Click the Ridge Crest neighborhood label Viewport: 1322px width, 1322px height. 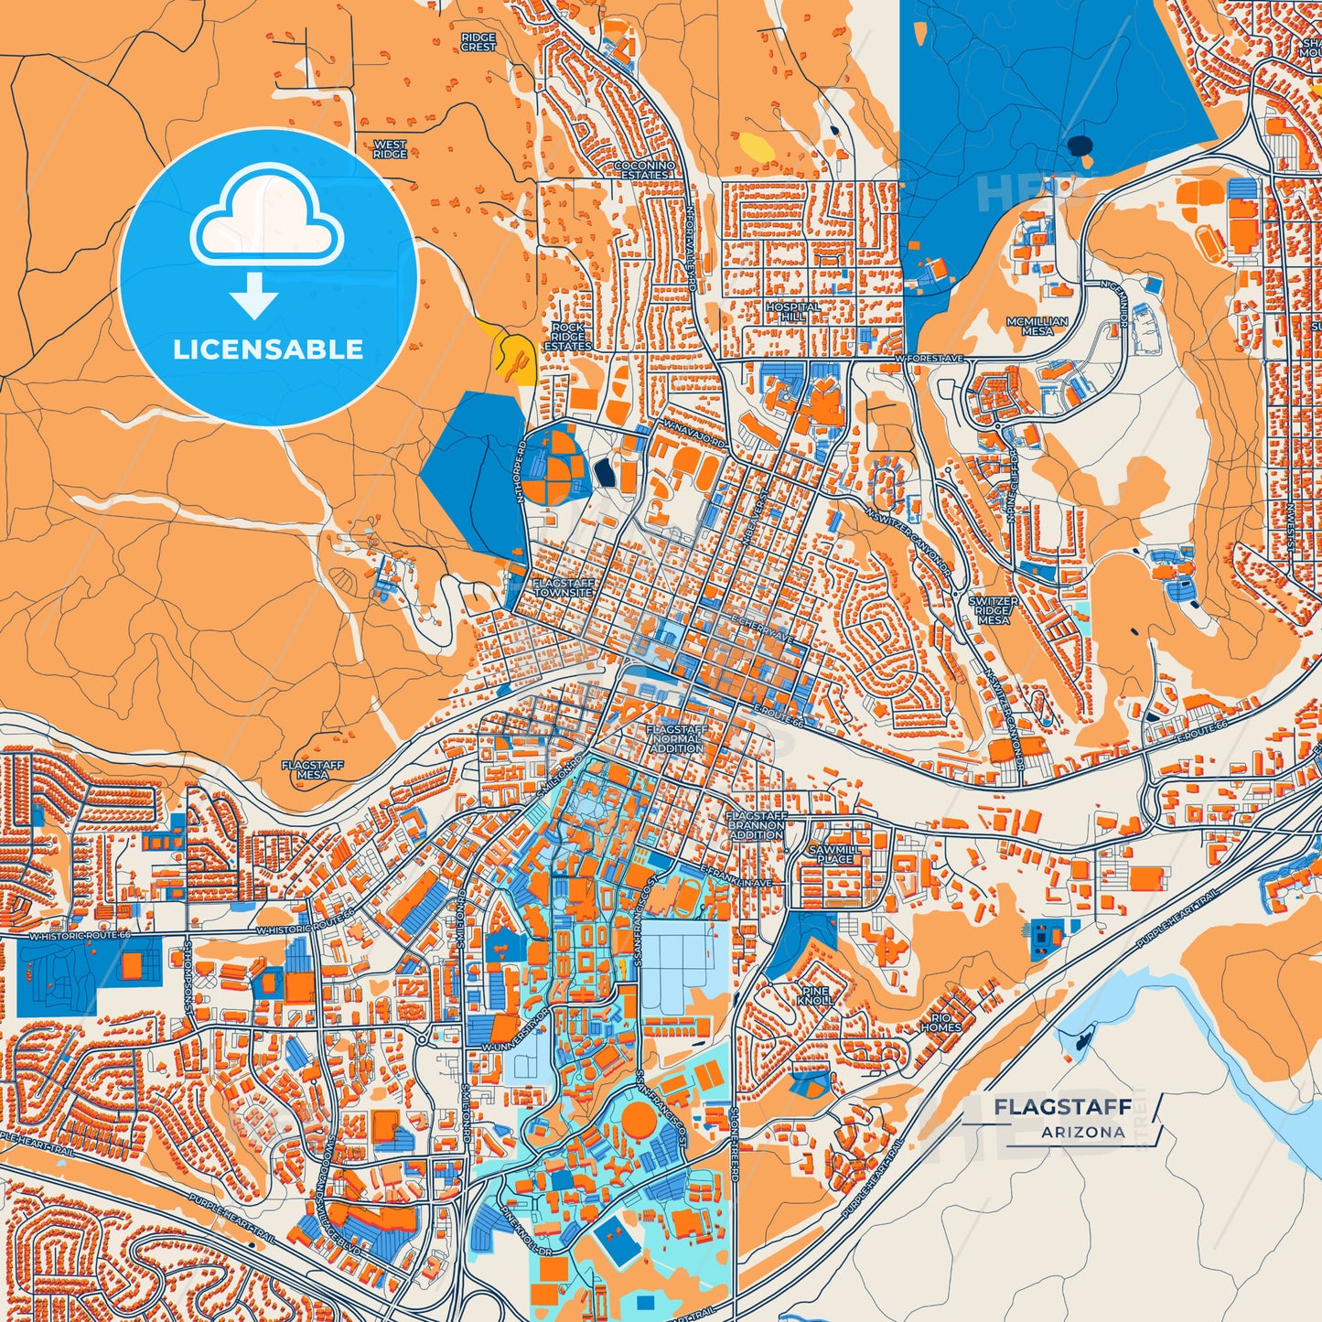coord(478,42)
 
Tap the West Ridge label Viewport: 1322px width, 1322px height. coord(391,150)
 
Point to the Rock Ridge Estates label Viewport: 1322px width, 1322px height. coord(568,337)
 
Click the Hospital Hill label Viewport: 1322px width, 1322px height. coord(793,311)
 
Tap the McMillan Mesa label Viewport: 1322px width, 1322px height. coord(1037,326)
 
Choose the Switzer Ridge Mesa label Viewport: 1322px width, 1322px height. coord(993,610)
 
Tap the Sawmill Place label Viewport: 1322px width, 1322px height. coord(832,854)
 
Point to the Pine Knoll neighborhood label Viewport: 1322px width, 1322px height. coord(814,996)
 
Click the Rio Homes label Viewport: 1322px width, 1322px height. coord(941,1023)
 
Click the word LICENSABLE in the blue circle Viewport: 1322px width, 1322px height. coord(268,349)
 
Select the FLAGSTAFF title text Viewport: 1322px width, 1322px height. coord(1062,1107)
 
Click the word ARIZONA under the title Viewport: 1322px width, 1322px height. coord(1082,1132)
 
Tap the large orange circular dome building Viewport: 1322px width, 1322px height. coord(639,1118)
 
